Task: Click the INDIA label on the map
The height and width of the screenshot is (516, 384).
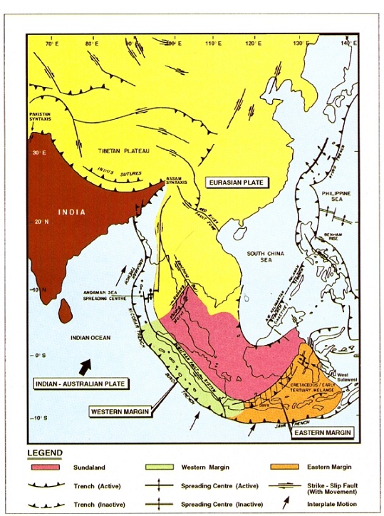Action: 72,212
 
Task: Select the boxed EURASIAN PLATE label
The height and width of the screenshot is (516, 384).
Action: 236,183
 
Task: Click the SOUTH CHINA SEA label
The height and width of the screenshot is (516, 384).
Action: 264,259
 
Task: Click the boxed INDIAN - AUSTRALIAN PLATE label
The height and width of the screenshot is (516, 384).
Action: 80,384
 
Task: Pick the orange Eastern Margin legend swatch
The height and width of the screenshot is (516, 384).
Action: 284,467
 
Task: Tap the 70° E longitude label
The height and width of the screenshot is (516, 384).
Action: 51,44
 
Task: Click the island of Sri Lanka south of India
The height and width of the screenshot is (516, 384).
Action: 64,309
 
